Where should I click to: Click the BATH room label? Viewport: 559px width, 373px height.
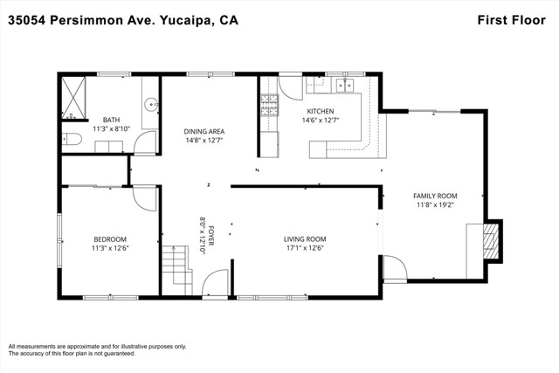pos(111,120)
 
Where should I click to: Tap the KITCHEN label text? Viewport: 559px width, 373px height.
pos(321,111)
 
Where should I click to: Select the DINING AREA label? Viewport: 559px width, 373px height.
pos(204,132)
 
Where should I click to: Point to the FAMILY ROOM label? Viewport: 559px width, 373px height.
pos(435,196)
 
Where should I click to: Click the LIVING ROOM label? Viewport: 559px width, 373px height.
pos(305,239)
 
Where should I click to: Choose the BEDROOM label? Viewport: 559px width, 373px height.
pos(110,239)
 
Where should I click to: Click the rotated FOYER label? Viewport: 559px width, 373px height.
pos(211,235)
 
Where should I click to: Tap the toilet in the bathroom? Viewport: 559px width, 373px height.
pos(72,139)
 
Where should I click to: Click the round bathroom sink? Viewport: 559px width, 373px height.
pos(151,105)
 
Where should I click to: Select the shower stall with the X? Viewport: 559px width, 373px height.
pos(73,98)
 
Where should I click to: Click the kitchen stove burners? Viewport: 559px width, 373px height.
pos(269,105)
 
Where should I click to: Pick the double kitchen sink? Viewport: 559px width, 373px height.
pos(345,86)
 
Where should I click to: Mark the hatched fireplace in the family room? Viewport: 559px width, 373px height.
pos(491,241)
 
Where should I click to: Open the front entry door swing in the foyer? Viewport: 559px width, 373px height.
pos(215,283)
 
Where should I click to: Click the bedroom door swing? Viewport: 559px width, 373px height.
pos(144,198)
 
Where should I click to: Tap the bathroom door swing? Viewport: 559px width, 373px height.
pos(145,142)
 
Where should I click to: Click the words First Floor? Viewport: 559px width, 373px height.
pos(512,20)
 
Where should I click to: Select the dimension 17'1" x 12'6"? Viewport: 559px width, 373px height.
pos(305,248)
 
